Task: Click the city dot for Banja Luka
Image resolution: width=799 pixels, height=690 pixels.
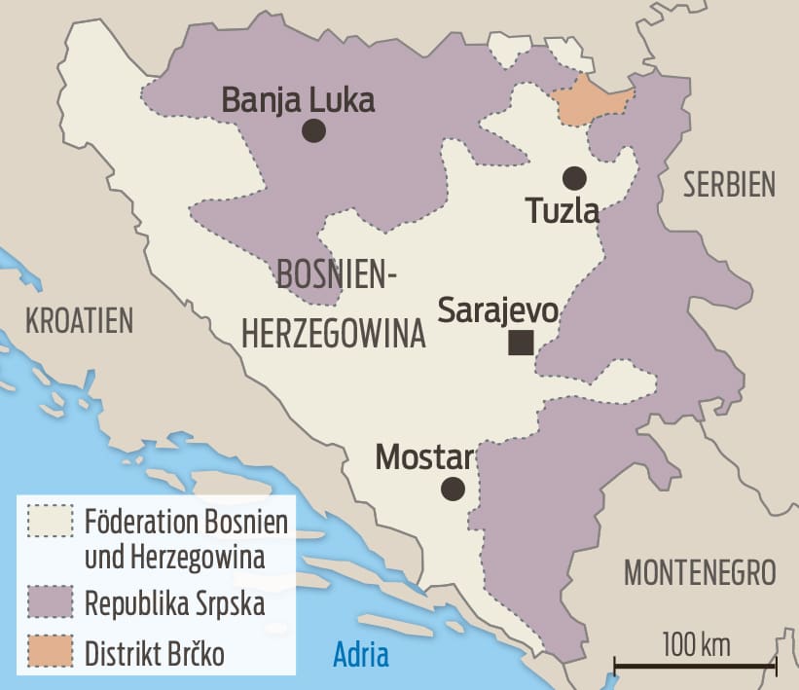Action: tap(313, 130)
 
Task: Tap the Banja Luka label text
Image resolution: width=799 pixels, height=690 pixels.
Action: tap(298, 99)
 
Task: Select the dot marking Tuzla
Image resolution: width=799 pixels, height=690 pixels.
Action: tap(574, 178)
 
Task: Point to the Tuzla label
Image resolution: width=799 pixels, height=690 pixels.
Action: tap(561, 210)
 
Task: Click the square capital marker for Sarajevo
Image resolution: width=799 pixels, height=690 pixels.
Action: tap(521, 342)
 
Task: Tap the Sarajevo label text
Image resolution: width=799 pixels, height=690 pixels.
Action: tap(497, 310)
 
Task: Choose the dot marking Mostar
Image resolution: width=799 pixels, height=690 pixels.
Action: tap(453, 489)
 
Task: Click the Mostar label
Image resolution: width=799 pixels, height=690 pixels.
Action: tap(424, 456)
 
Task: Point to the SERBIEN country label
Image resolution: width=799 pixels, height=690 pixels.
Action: tap(729, 184)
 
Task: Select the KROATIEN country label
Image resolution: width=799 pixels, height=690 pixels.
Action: tap(79, 319)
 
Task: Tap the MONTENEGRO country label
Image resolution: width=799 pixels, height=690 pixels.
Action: tap(700, 572)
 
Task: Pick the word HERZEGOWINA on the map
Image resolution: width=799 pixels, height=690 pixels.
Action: tap(333, 334)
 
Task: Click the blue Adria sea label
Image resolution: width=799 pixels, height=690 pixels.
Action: tap(361, 654)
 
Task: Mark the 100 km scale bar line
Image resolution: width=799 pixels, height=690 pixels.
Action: tap(695, 667)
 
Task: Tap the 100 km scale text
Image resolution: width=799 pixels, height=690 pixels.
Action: tap(696, 644)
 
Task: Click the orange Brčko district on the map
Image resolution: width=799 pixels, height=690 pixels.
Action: tap(589, 99)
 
